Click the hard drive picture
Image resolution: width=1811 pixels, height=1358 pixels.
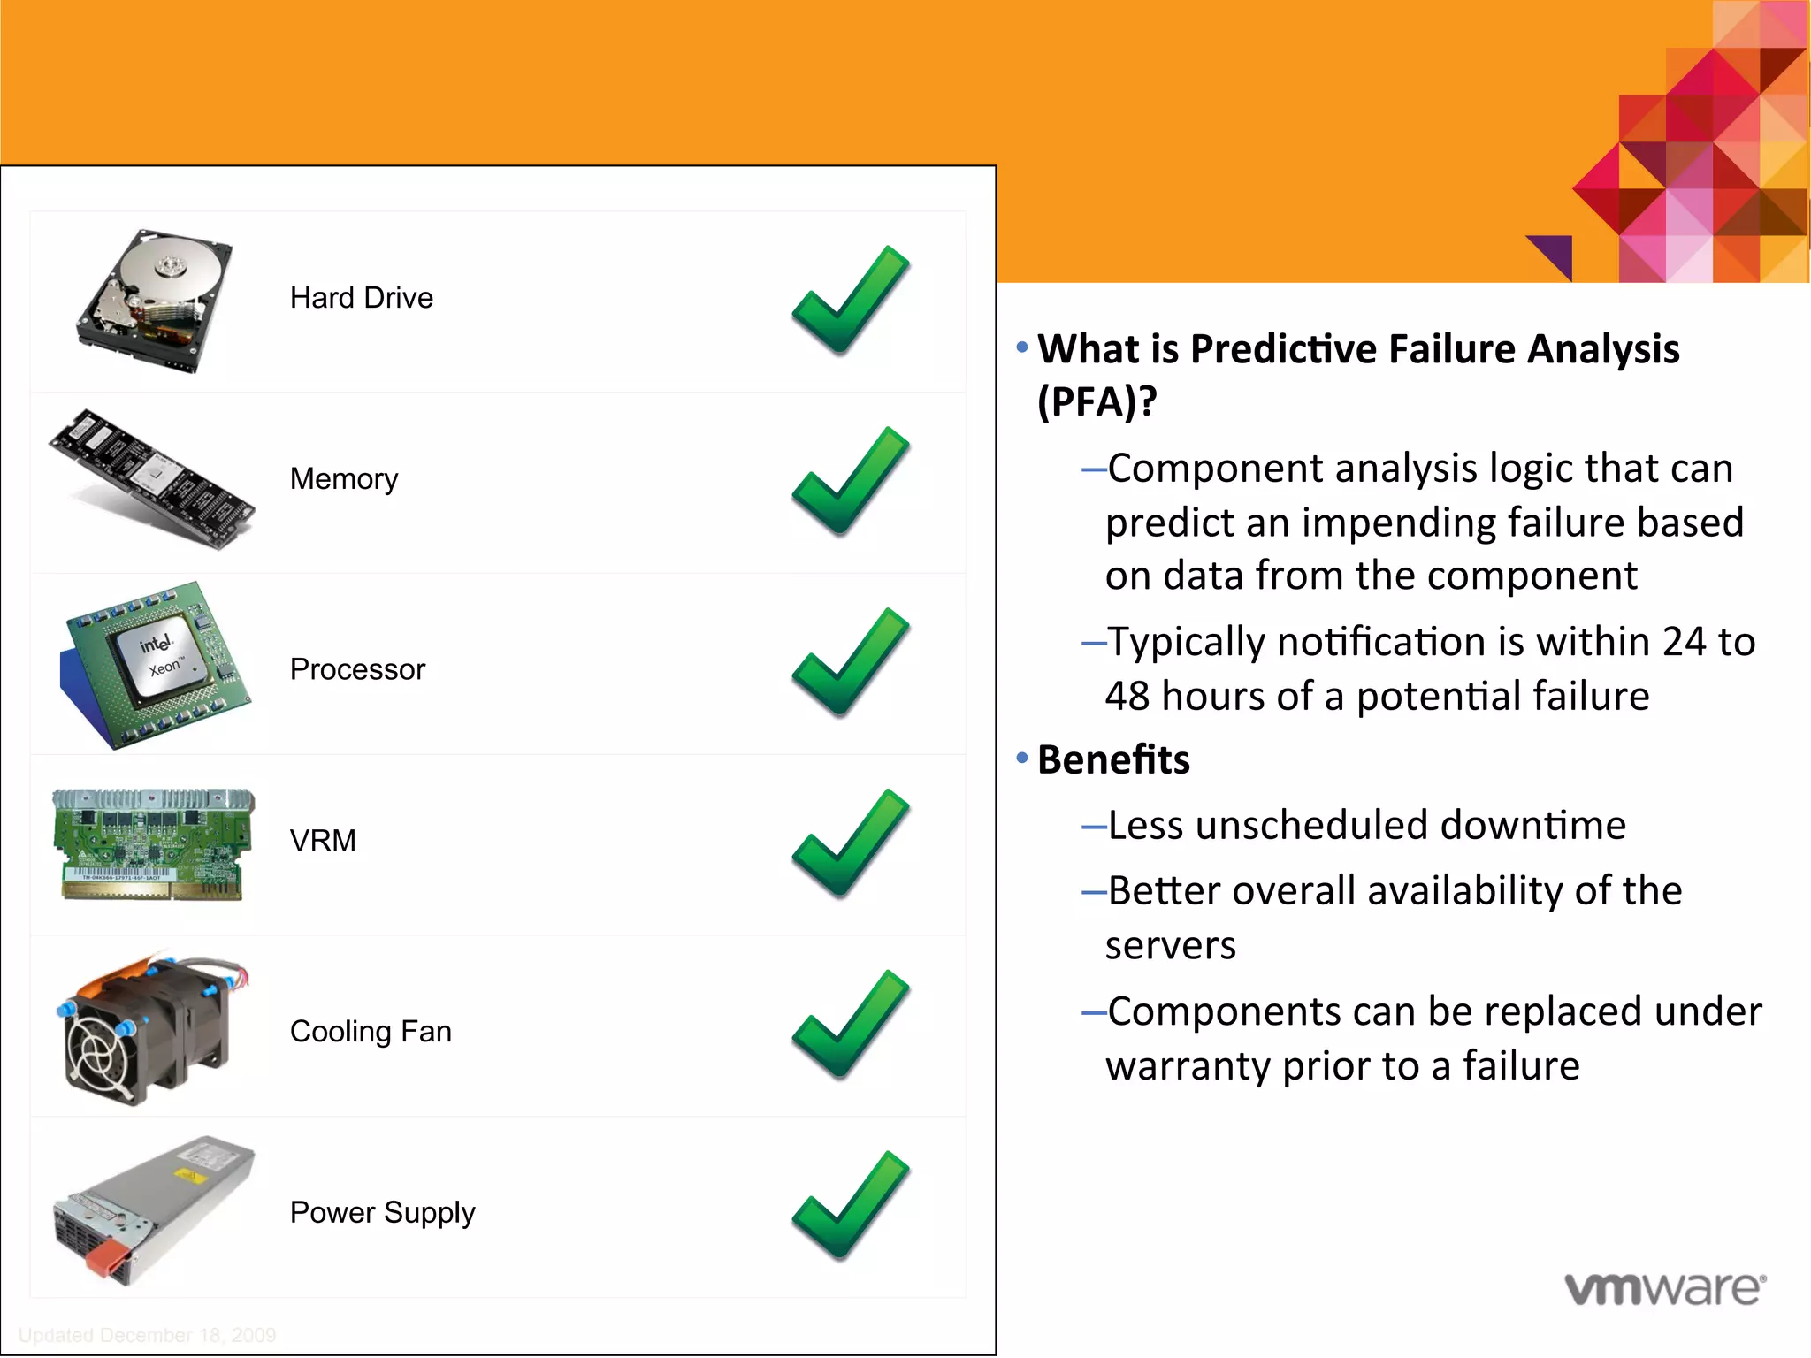click(155, 301)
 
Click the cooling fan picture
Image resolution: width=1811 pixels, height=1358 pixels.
click(150, 1030)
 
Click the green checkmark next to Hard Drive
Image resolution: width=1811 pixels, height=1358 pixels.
click(850, 301)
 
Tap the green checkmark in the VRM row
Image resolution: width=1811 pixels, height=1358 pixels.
click(850, 843)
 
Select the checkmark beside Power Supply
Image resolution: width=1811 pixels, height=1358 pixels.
click(850, 1206)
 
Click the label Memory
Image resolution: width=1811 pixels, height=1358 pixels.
click(344, 479)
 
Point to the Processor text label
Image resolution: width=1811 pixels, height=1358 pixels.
click(357, 669)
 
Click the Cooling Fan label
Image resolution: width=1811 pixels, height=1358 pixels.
click(371, 1032)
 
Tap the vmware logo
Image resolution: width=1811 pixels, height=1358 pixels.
click(1665, 1288)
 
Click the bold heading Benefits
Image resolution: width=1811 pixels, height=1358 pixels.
click(1113, 760)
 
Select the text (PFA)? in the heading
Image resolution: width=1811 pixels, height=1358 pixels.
click(1097, 402)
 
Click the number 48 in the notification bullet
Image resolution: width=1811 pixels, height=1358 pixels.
click(1127, 697)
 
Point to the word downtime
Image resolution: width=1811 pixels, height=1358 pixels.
click(1532, 825)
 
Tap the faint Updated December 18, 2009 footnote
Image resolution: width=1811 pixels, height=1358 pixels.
click(147, 1335)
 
